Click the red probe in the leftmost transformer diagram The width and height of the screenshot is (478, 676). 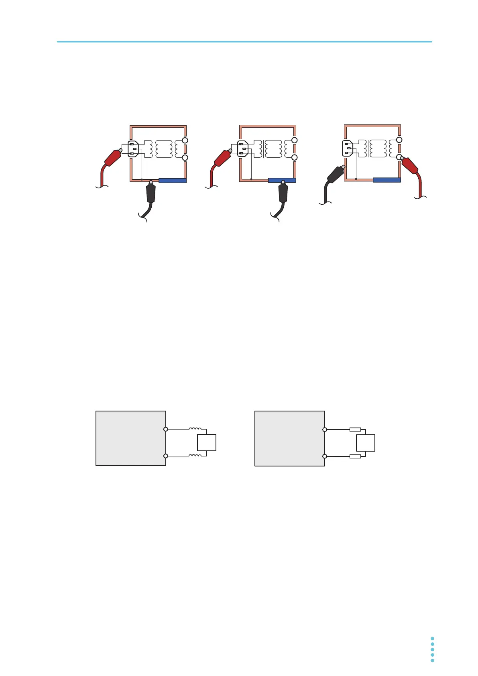[113, 158]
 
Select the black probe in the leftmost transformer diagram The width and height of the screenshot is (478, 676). [151, 193]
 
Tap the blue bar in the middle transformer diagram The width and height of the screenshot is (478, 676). [282, 180]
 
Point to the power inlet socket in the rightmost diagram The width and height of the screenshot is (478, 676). [348, 148]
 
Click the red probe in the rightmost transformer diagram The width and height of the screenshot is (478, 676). [410, 165]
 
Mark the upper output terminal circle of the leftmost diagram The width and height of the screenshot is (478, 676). [185, 140]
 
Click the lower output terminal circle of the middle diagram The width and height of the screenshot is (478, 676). [294, 157]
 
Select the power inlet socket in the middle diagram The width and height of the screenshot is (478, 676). [242, 149]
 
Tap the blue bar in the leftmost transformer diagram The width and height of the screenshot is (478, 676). [173, 181]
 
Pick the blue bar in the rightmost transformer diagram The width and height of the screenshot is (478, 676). [386, 180]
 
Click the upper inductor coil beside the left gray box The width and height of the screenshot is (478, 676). [195, 428]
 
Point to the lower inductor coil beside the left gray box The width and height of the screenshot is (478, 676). [195, 455]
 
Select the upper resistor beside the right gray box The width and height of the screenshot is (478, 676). [355, 430]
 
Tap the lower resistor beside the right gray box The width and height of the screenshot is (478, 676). [355, 456]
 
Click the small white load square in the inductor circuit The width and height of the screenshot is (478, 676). [207, 442]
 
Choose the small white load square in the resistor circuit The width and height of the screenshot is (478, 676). [366, 443]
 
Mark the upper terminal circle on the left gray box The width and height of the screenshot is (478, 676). [166, 429]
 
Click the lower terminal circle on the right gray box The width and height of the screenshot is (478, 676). [325, 456]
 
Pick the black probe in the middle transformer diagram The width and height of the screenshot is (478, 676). [283, 193]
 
